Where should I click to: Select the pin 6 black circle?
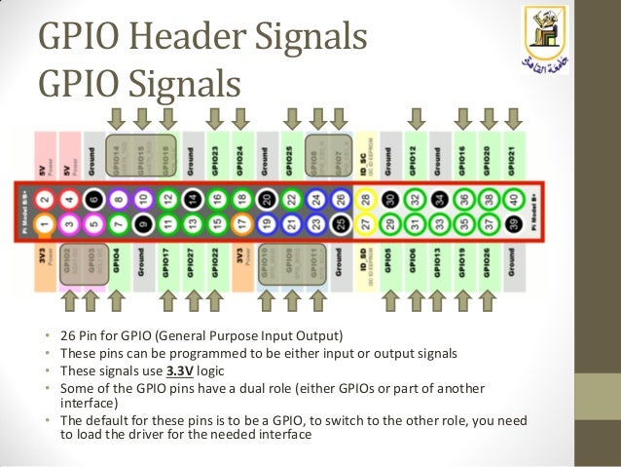pyautogui.click(x=92, y=199)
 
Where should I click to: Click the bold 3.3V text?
pyautogui.click(x=179, y=371)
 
